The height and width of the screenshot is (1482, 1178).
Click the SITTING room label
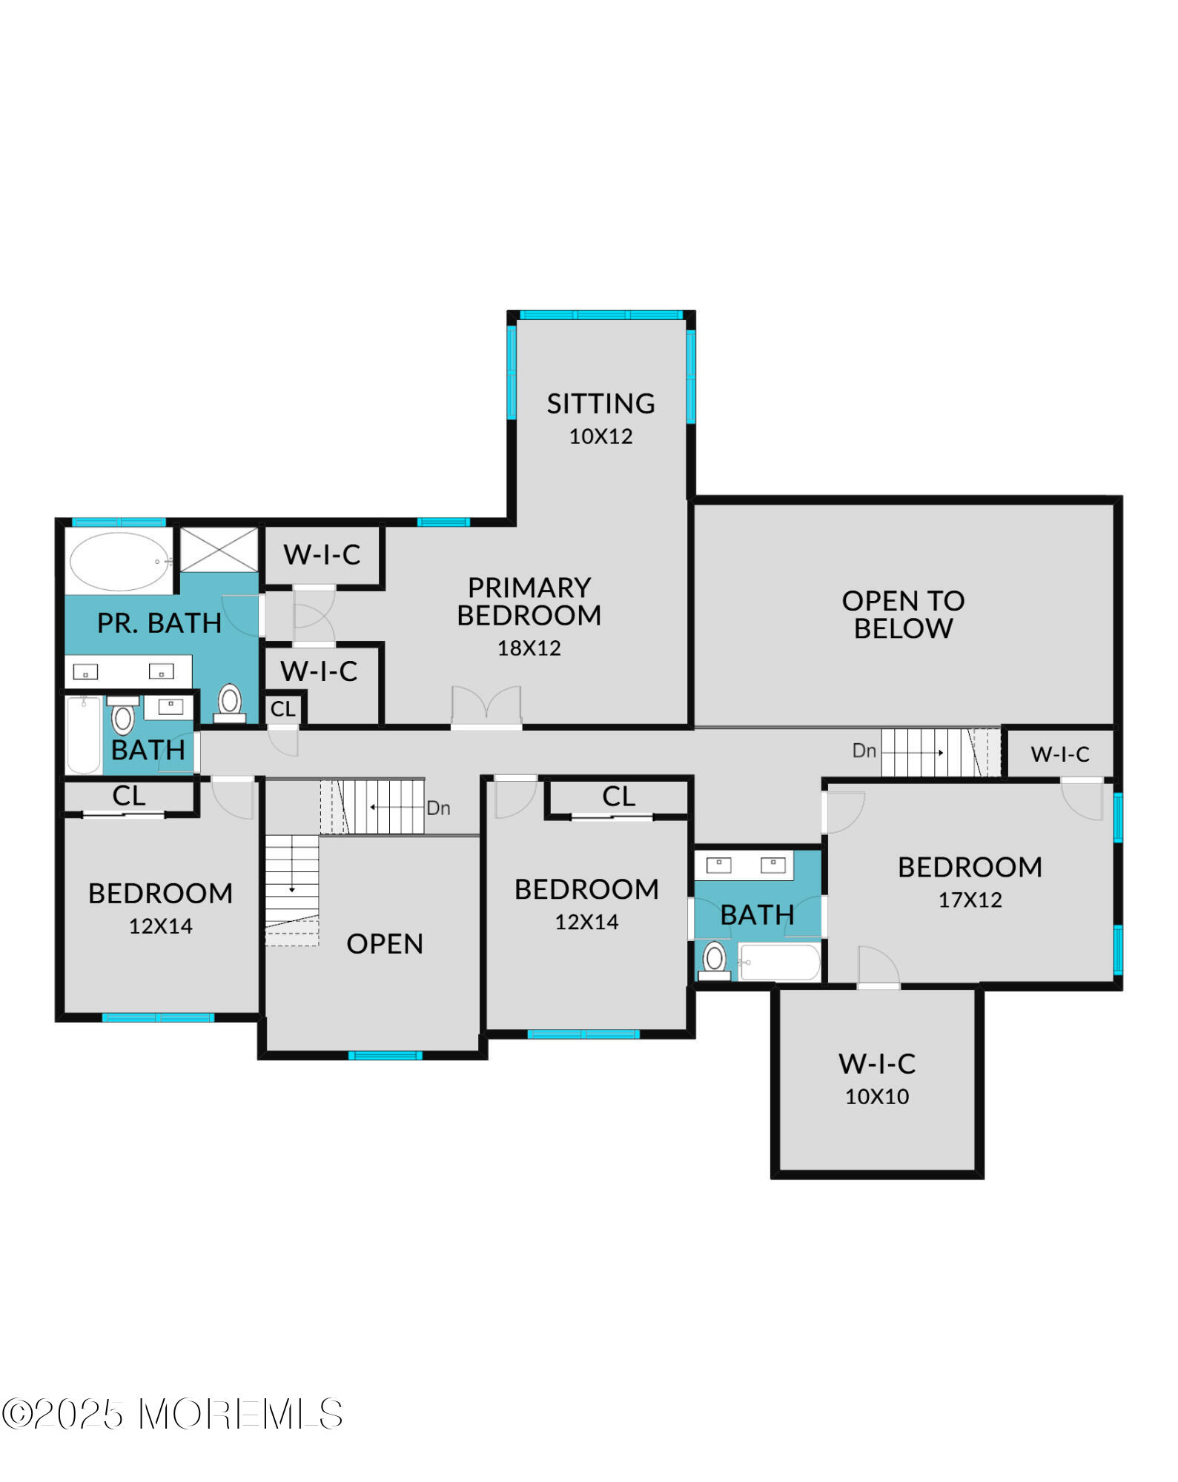[600, 404]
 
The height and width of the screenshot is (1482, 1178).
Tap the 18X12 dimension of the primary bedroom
[529, 648]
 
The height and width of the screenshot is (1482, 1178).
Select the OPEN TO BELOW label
[903, 614]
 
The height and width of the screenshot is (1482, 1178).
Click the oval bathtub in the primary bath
[119, 562]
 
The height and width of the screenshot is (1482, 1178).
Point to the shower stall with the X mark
[219, 550]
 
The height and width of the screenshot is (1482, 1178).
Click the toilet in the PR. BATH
[230, 702]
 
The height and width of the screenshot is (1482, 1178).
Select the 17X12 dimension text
[970, 900]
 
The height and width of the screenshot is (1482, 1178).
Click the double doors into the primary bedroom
[486, 708]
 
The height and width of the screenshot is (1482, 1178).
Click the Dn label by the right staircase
[864, 751]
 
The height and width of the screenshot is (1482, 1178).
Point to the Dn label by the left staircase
[438, 808]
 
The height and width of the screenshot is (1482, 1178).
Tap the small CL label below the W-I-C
[282, 709]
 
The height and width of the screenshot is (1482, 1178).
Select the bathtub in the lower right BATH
[779, 963]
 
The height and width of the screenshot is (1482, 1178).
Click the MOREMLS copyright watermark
[172, 1415]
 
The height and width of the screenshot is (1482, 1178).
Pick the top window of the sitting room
[600, 315]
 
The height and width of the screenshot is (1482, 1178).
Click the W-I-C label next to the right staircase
[1060, 754]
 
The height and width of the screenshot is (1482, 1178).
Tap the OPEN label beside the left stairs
[385, 944]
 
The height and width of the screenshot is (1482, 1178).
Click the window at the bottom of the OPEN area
[385, 1055]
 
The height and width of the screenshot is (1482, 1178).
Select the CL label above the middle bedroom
[618, 797]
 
